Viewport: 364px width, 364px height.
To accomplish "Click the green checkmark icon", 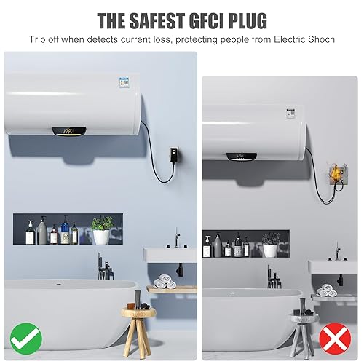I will click(x=26, y=336).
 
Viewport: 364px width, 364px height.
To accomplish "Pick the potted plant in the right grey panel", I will click(x=271, y=245).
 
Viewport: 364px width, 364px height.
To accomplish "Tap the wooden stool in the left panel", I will click(x=138, y=321).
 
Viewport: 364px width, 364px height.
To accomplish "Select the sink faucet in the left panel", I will click(x=176, y=240).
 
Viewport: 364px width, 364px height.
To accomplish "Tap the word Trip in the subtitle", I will click(x=39, y=39).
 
